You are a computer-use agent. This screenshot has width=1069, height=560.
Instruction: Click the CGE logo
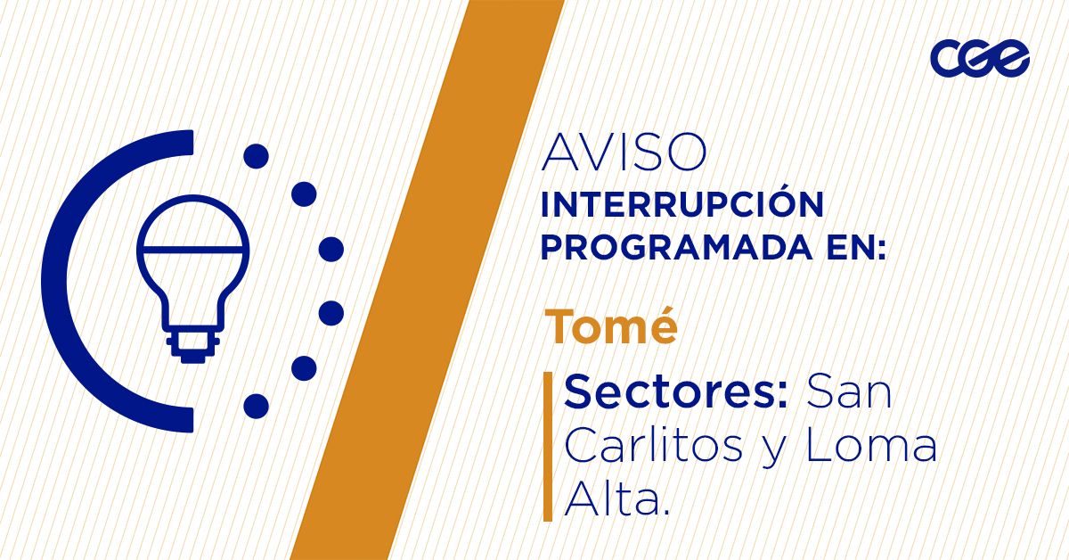point(980,58)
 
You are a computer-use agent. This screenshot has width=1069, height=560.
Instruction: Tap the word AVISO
point(624,152)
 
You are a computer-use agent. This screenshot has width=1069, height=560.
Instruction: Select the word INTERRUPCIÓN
point(682,203)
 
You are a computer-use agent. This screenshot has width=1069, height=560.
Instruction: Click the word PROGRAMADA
point(676,248)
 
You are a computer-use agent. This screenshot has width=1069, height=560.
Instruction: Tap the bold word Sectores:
point(675,391)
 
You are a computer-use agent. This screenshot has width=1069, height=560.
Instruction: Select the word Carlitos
point(654,445)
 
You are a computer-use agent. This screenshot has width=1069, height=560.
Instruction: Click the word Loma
point(871,446)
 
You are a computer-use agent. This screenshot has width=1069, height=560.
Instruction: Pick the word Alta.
point(617,498)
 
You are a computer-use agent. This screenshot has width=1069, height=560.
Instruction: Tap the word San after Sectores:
point(849,391)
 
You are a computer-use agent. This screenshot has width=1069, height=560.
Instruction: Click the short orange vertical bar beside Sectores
point(548,446)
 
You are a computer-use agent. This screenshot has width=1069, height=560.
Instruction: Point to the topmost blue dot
point(257,156)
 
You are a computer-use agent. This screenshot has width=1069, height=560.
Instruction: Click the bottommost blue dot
point(257,406)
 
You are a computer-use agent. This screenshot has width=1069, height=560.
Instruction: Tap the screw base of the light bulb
point(193,345)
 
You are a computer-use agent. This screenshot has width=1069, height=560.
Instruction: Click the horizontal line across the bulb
point(193,250)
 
